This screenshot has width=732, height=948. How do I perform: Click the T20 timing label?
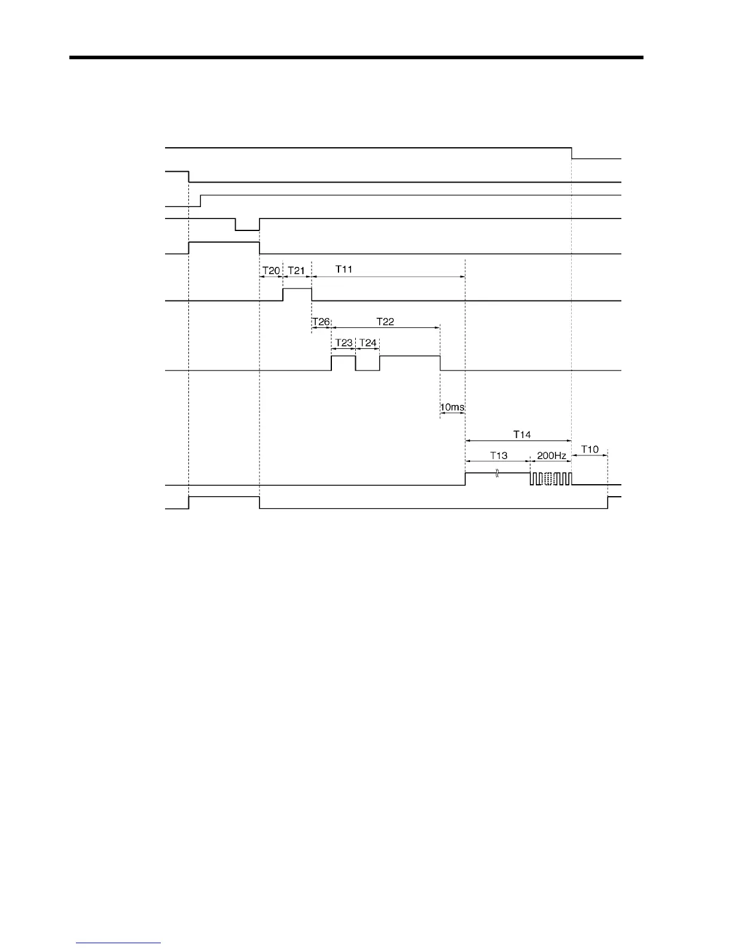click(271, 271)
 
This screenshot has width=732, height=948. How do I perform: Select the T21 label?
click(297, 271)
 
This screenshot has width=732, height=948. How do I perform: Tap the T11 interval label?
click(344, 269)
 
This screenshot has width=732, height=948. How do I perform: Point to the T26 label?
click(321, 322)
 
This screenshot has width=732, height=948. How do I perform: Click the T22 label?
click(385, 321)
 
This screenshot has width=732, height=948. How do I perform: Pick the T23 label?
click(343, 343)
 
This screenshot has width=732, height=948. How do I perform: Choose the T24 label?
click(368, 343)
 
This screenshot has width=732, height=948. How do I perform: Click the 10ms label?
click(452, 408)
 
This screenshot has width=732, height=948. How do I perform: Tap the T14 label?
click(522, 434)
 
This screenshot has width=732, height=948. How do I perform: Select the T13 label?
click(499, 455)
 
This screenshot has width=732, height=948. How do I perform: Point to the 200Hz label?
click(551, 455)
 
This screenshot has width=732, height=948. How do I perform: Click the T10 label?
click(590, 449)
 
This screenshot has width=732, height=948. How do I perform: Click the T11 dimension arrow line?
click(388, 277)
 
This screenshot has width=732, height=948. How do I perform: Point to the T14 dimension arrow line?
click(518, 440)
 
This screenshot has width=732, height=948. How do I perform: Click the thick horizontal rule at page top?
click(356, 58)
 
